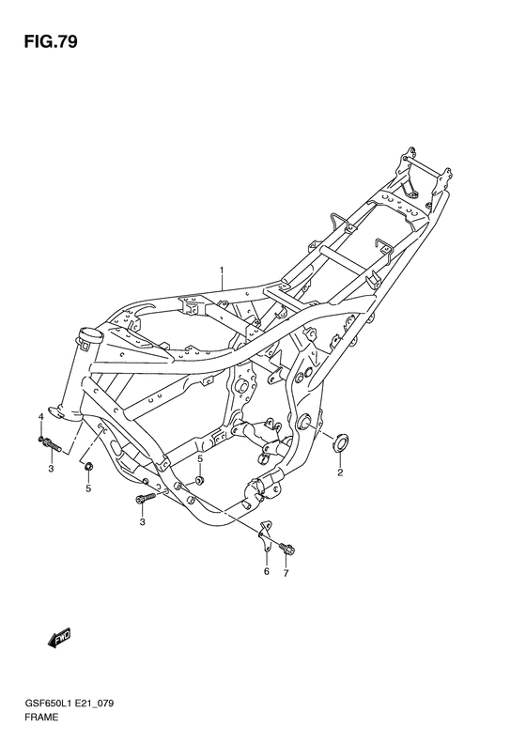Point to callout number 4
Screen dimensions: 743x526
click(41, 416)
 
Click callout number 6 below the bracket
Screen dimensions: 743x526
click(266, 571)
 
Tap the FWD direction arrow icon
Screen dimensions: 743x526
click(59, 639)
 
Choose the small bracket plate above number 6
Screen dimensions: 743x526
click(265, 534)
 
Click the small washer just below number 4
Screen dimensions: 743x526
click(42, 437)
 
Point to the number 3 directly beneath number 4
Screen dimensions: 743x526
click(51, 467)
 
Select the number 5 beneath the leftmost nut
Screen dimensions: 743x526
click(88, 488)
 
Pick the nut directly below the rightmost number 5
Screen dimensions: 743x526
click(200, 481)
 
